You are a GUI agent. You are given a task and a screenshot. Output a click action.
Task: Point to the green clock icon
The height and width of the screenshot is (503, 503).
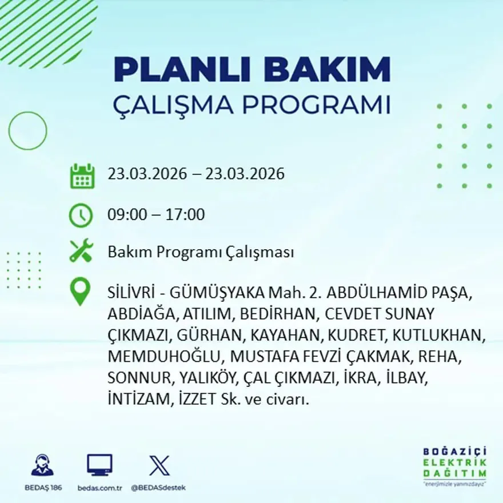81,215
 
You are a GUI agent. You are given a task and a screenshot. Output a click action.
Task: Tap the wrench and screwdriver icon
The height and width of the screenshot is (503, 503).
81,251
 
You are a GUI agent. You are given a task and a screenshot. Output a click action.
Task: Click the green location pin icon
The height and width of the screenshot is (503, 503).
80,291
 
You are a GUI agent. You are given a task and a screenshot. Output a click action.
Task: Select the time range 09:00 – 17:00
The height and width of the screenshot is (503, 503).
156,215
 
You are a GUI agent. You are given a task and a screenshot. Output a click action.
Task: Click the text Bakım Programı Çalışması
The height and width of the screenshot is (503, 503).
201,252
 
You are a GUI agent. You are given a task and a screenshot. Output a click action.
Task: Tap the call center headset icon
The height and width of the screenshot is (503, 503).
42,465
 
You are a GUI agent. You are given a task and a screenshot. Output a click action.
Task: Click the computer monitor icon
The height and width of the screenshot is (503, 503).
99,465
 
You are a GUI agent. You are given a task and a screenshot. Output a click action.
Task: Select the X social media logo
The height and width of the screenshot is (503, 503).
159,465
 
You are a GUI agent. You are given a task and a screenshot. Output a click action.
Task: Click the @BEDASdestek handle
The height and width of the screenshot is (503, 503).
158,488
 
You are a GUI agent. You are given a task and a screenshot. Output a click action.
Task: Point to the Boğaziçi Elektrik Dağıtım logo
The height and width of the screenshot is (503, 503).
454,465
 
